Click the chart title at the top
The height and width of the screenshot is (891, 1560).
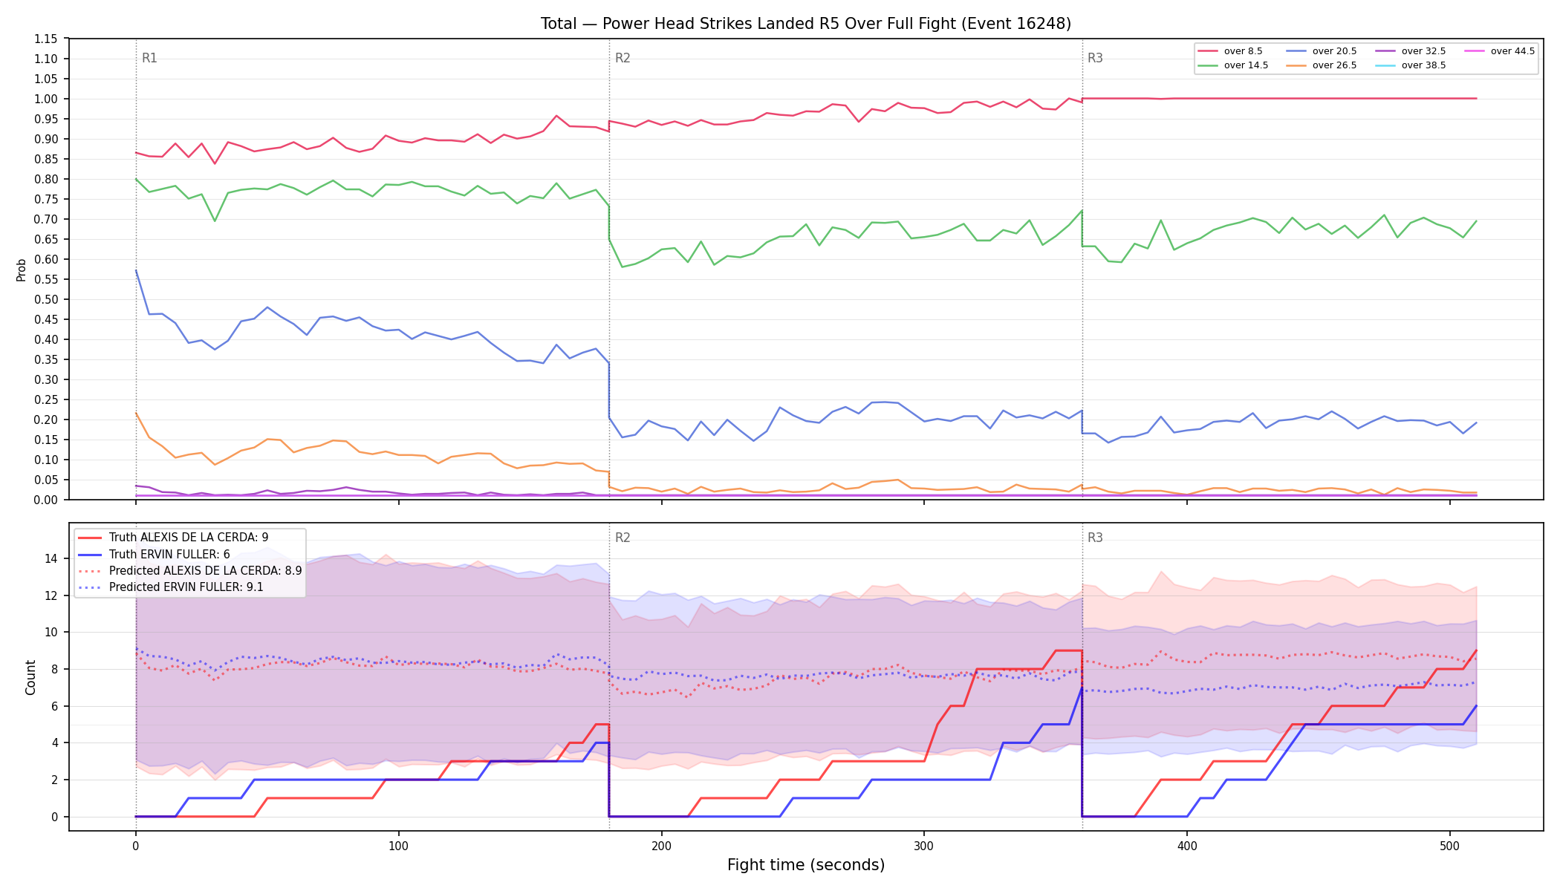[806, 24]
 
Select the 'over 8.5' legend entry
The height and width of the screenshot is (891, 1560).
[1230, 51]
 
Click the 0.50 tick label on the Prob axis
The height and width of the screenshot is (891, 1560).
[47, 299]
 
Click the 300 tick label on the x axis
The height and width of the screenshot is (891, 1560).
[924, 846]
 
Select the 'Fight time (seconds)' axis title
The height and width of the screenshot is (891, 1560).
[806, 865]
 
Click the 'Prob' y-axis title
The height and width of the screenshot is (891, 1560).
[21, 270]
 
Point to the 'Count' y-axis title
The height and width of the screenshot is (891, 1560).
[30, 677]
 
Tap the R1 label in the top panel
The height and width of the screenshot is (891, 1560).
[149, 58]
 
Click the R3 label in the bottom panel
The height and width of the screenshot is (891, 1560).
[1095, 538]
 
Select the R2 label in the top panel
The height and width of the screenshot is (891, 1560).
[623, 58]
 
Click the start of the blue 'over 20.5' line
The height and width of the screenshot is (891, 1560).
[136, 271]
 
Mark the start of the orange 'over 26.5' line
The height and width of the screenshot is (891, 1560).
[136, 414]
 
